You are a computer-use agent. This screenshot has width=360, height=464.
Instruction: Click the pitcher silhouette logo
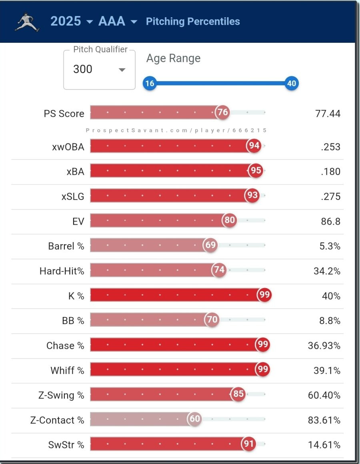27,22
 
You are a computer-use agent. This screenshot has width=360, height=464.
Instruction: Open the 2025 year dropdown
71,22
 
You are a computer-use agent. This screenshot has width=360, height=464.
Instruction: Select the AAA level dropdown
118,22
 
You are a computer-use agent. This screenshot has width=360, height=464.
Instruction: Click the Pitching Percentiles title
193,22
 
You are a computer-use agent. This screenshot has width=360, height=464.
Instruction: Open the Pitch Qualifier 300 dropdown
100,70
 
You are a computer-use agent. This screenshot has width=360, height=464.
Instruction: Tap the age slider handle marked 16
150,84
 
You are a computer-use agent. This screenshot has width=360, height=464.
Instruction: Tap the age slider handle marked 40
292,84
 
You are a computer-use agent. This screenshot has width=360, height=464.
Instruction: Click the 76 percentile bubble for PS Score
222,112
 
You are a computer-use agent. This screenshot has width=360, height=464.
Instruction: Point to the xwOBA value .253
330,147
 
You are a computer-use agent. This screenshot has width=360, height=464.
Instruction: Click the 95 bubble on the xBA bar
256,171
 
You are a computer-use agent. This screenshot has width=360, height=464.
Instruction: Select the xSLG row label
75,196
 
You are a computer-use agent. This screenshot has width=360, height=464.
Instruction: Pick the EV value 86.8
330,221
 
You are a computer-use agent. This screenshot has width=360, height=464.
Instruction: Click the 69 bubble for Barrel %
210,245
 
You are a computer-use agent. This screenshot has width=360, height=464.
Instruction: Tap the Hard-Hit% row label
62,271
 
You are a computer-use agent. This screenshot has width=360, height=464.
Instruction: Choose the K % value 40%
331,296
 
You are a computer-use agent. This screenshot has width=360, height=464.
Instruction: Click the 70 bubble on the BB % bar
212,320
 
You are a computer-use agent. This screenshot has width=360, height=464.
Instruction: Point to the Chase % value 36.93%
324,346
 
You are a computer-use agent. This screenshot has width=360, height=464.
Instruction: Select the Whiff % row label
67,370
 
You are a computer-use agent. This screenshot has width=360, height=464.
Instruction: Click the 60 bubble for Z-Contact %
195,419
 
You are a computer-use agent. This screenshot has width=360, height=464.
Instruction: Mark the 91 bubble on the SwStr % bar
248,444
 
